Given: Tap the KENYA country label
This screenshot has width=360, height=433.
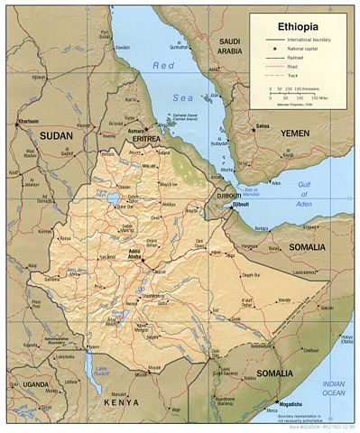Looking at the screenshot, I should click(121, 401).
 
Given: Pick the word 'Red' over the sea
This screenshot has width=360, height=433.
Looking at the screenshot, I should click(162, 66).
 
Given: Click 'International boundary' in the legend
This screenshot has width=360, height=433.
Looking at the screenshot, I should click(309, 41).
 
